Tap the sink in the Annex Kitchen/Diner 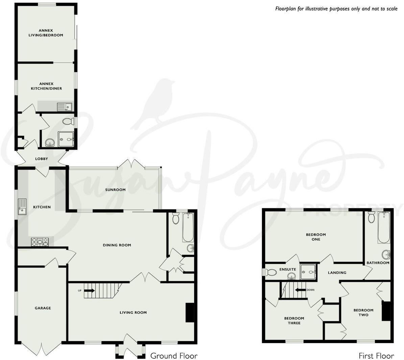coord(64,107)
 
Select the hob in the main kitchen coord(40,242)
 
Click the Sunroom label coord(115,190)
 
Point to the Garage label coord(43,308)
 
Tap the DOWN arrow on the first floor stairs coord(299,290)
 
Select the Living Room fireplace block coord(190,312)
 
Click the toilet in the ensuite coord(271,272)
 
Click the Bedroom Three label coord(294,320)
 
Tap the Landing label coord(337,273)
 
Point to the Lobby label coord(42,159)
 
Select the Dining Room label coord(117,245)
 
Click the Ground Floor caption coord(174,356)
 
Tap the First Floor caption coord(376,356)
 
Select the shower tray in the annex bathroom coord(66,139)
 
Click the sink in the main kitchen coord(22,207)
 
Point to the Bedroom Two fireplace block coord(386,311)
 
